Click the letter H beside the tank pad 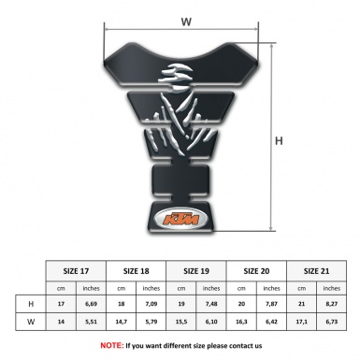[x=279, y=141]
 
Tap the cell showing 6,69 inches [x=91, y=304]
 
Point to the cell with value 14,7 [x=120, y=322]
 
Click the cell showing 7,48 [x=212, y=304]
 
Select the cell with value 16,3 [x=242, y=322]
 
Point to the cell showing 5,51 [x=91, y=322]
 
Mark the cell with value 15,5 [x=180, y=322]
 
